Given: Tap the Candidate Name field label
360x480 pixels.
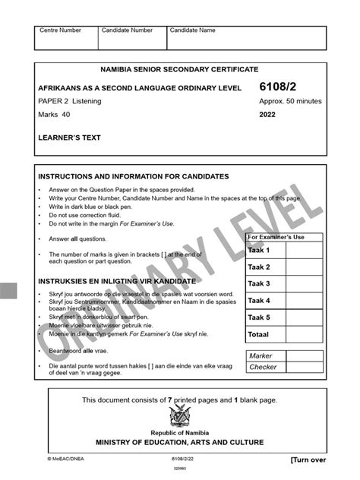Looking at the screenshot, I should click(193, 31).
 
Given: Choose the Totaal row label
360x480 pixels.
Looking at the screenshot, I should click(260, 334).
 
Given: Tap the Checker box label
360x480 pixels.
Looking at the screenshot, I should click(264, 368).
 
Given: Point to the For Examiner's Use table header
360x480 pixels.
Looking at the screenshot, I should click(276, 238).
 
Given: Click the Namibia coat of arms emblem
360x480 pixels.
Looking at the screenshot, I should click(180, 416).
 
